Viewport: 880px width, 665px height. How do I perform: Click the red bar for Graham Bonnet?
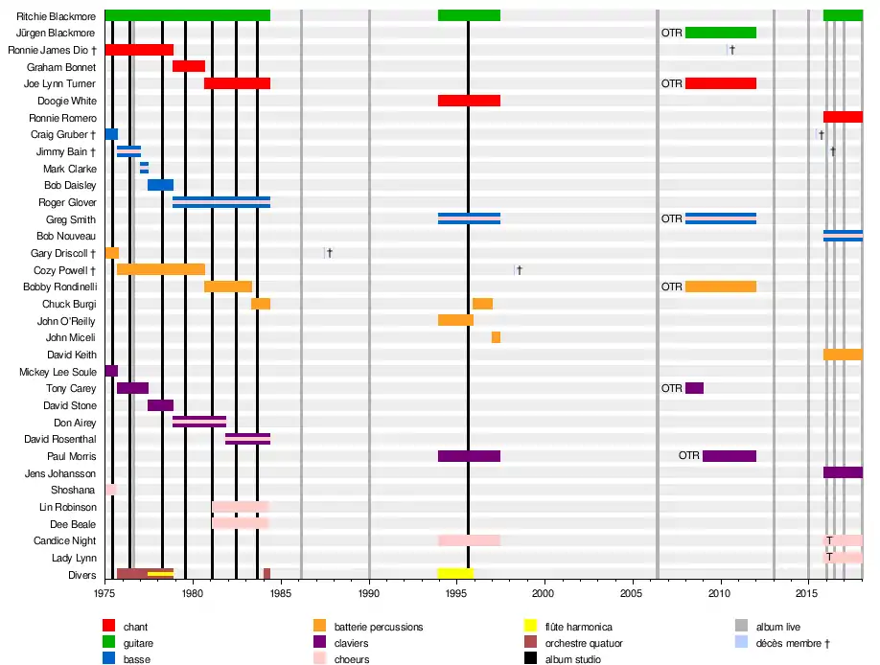point(189,66)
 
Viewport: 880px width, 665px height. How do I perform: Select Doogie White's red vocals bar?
point(469,101)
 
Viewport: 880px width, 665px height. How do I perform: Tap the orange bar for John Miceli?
point(496,337)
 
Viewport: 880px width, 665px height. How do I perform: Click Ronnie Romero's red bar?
point(843,117)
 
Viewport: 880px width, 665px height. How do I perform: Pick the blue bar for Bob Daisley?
point(160,185)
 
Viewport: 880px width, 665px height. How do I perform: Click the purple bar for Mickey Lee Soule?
point(111,371)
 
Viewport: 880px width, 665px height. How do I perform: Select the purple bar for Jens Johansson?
point(843,472)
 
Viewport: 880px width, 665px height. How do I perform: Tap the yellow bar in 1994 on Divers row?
point(455,573)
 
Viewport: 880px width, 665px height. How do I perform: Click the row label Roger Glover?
point(67,202)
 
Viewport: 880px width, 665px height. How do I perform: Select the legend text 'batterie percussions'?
point(379,627)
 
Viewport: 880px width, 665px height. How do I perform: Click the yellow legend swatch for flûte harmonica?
point(530,627)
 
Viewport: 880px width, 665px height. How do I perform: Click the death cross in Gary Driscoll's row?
point(329,253)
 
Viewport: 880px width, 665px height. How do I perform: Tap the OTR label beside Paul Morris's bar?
point(689,456)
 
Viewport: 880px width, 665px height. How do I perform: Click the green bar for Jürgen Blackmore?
point(721,33)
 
